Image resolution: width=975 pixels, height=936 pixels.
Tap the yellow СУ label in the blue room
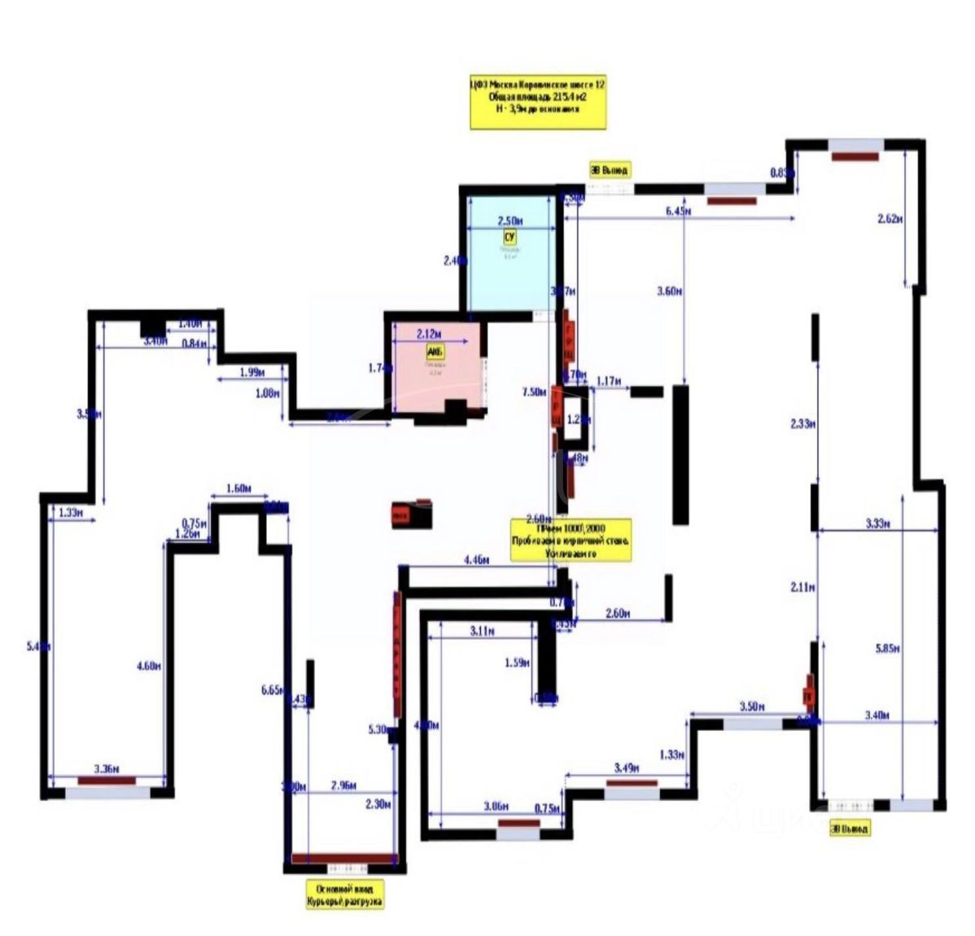click(x=510, y=237)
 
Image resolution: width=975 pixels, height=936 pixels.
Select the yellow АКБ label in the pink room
click(x=435, y=352)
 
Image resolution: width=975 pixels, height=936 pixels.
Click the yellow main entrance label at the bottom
click(x=344, y=894)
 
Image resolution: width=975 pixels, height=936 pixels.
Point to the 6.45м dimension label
click(x=678, y=212)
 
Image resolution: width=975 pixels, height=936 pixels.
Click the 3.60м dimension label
click(x=668, y=291)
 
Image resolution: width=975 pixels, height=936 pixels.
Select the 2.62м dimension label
click(x=891, y=218)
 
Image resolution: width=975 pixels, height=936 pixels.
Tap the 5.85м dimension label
click(x=887, y=649)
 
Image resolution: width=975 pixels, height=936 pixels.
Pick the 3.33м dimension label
click(x=877, y=524)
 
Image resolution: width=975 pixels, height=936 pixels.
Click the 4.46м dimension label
click(x=476, y=560)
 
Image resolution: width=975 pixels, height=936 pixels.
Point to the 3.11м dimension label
click(x=483, y=631)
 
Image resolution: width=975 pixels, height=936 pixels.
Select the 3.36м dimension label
click(x=107, y=768)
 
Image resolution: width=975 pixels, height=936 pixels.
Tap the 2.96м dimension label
click(x=343, y=786)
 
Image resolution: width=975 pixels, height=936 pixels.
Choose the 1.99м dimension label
click(x=252, y=373)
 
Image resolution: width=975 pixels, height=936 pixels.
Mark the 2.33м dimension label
click(x=802, y=423)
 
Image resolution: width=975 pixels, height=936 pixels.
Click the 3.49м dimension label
click(x=626, y=768)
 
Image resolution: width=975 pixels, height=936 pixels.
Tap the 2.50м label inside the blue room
click(x=510, y=221)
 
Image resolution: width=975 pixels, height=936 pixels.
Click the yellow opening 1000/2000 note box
click(x=570, y=540)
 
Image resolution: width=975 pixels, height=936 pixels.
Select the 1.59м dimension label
click(x=518, y=663)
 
